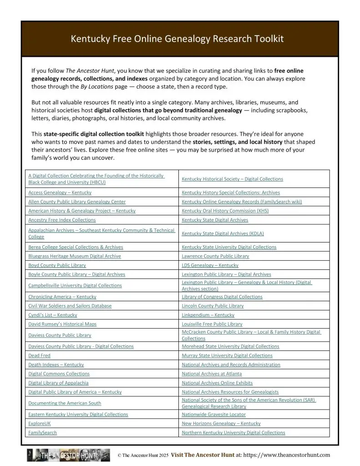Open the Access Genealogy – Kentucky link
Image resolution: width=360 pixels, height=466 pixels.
pos(60,192)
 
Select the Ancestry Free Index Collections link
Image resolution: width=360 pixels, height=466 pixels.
pos(62,220)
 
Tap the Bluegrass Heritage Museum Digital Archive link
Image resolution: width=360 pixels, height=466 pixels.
pos(75,256)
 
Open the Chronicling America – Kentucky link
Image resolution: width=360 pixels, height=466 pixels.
pos(62,297)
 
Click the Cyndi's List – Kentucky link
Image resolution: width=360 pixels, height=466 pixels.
pos(53,315)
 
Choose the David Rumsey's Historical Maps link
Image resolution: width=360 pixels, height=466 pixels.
pos(62,324)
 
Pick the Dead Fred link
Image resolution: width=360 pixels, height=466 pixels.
pos(40,355)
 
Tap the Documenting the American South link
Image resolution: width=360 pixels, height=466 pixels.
pos(65,403)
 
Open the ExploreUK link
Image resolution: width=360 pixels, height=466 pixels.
pos(40,423)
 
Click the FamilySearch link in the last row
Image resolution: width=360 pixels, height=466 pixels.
pos(43,432)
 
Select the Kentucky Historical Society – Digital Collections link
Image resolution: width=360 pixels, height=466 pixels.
pos(232,179)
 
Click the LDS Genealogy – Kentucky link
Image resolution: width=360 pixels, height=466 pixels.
pos(210,265)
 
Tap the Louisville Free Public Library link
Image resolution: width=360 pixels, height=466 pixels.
pos(212,324)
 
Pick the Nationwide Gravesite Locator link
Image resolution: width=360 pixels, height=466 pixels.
pos(213,414)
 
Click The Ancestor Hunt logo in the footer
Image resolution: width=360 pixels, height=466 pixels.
pos(68,455)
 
